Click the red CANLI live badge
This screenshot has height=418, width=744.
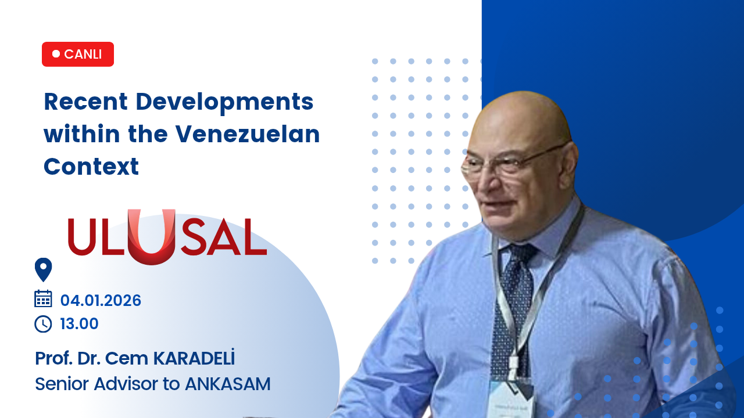78,54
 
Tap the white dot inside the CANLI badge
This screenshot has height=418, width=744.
56,54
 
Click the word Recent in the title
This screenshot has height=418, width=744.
85,102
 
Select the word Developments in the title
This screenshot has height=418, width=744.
224,103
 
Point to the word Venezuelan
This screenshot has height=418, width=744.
248,134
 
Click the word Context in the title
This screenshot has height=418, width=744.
91,167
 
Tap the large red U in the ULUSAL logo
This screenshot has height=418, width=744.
152,237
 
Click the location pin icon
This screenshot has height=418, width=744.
43,270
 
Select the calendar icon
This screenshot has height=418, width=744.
43,298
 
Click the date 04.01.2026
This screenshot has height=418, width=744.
101,301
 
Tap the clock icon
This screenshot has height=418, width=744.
43,324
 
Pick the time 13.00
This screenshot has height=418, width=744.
79,324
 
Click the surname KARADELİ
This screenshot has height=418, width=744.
194,358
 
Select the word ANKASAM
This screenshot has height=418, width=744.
228,384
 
